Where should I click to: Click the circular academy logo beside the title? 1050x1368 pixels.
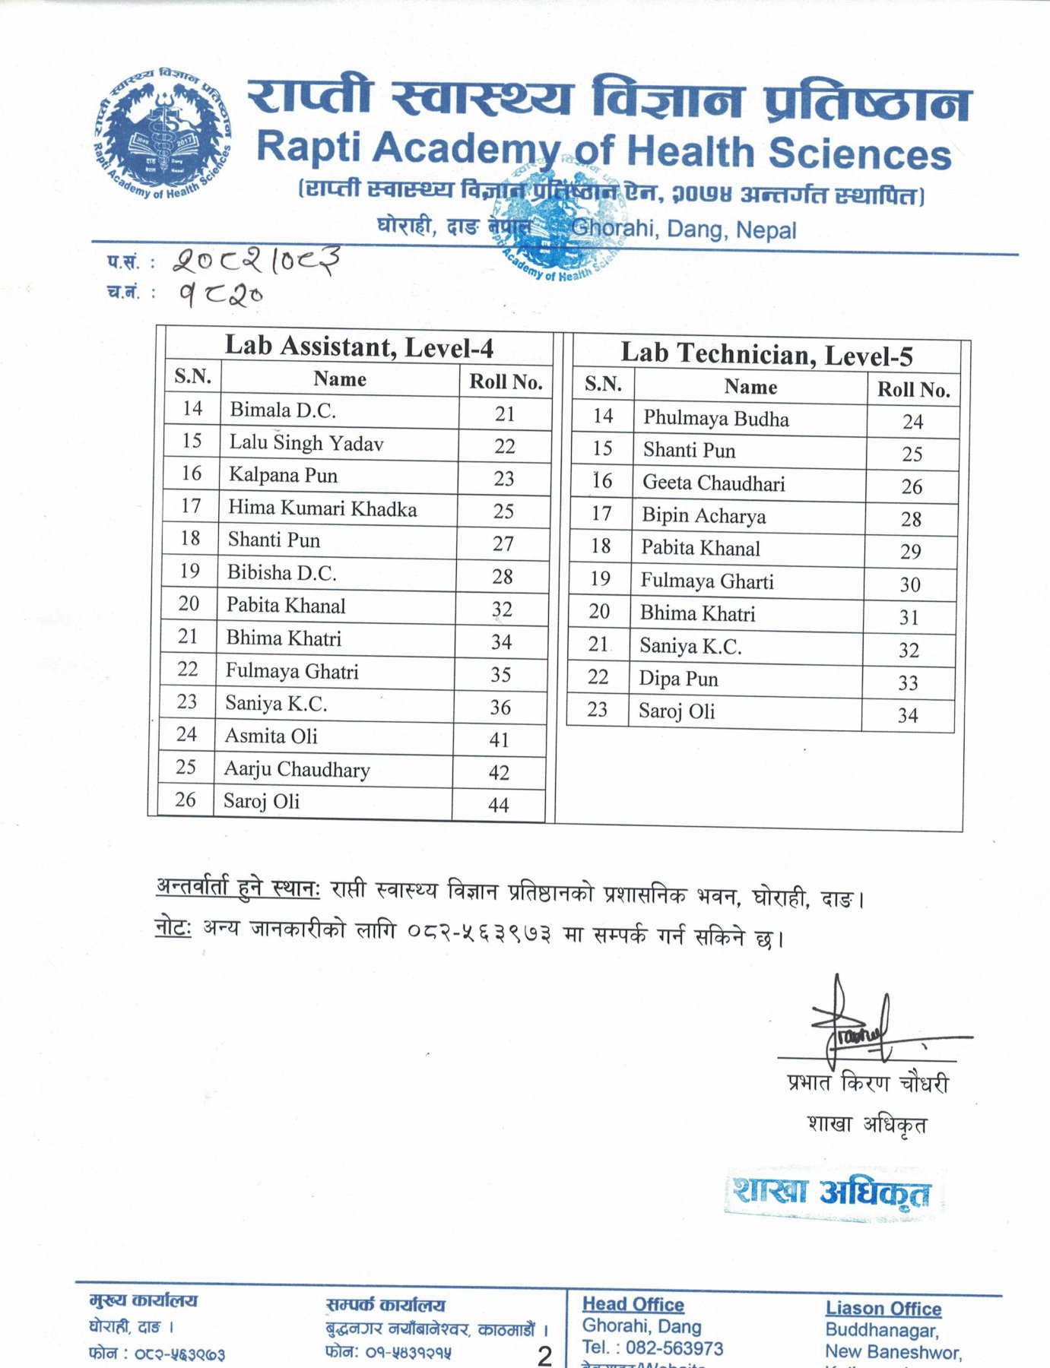click(161, 135)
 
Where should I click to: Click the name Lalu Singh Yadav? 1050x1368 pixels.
click(306, 443)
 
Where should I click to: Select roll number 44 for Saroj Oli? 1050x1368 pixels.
click(499, 805)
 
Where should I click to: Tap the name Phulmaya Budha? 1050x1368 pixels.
click(715, 419)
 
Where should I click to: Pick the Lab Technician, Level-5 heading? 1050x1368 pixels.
click(766, 355)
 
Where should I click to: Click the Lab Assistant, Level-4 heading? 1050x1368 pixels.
click(359, 347)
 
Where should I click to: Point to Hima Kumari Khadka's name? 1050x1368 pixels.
click(322, 508)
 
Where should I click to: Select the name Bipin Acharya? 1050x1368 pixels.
click(703, 516)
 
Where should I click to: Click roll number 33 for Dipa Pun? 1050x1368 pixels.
click(908, 682)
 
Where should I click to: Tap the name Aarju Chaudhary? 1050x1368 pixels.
click(297, 770)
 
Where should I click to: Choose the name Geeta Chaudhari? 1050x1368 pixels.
click(713, 483)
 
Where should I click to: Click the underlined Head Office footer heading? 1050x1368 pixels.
click(633, 1305)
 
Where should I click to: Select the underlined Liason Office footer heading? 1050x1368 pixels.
click(883, 1309)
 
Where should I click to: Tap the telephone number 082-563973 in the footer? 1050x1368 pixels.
click(674, 1348)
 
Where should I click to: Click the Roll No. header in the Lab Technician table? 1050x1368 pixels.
click(913, 390)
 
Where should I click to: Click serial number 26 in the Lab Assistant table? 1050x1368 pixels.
click(186, 800)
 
